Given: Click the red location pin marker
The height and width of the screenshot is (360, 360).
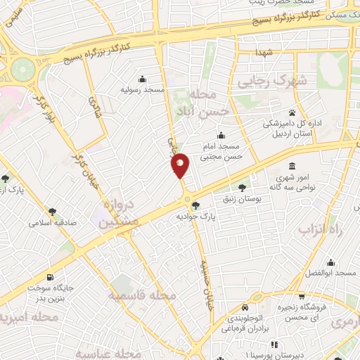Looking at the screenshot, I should pyautogui.click(x=181, y=165).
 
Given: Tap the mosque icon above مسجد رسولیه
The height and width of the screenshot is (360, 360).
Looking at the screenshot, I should pyautogui.click(x=143, y=79).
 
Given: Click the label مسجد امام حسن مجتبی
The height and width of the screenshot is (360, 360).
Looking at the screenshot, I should pyautogui.click(x=221, y=151).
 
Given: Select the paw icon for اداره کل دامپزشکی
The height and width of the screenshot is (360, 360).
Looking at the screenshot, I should pyautogui.click(x=291, y=112).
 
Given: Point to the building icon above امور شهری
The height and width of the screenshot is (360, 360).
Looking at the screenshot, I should pyautogui.click(x=292, y=166).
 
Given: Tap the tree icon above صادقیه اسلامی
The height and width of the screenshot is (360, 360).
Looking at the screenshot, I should pyautogui.click(x=52, y=211).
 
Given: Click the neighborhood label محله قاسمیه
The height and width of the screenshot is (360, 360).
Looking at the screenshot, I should pyautogui.click(x=142, y=296).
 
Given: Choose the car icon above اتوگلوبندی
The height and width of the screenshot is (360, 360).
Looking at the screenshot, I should pyautogui.click(x=243, y=307).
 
